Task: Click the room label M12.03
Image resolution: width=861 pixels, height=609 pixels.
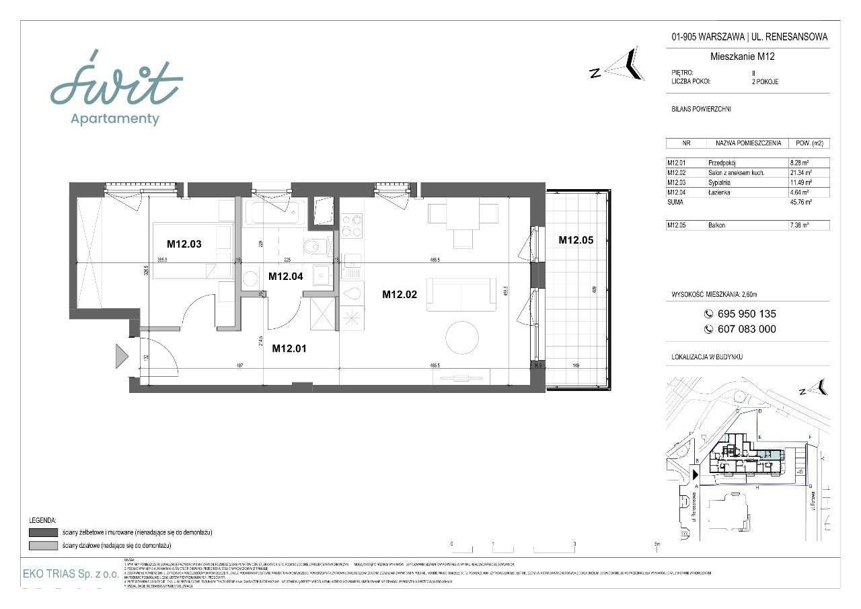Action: (x=184, y=243)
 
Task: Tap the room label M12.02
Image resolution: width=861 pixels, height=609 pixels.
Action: (x=400, y=293)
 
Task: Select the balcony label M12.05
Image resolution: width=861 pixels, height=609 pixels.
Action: (x=575, y=240)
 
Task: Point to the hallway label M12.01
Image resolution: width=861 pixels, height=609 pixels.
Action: (x=289, y=348)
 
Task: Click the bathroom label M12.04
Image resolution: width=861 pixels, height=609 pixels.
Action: (x=286, y=275)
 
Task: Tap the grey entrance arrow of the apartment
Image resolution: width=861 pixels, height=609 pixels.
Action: (x=121, y=355)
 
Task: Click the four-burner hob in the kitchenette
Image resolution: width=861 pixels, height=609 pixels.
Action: (x=352, y=225)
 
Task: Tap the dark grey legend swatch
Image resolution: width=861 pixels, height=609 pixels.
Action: (x=42, y=532)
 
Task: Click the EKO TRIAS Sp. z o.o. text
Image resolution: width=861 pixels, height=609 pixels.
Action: (x=71, y=574)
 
